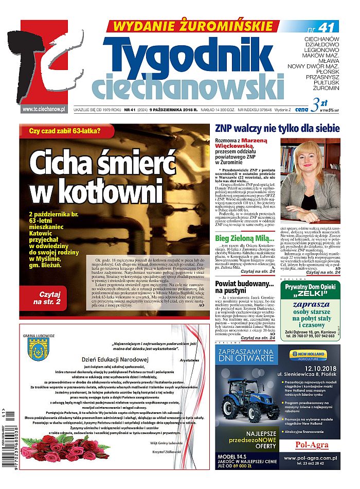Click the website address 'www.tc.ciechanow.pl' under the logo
[44, 109]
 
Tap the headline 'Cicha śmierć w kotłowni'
[103, 178]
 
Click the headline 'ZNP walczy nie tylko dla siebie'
[277, 129]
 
